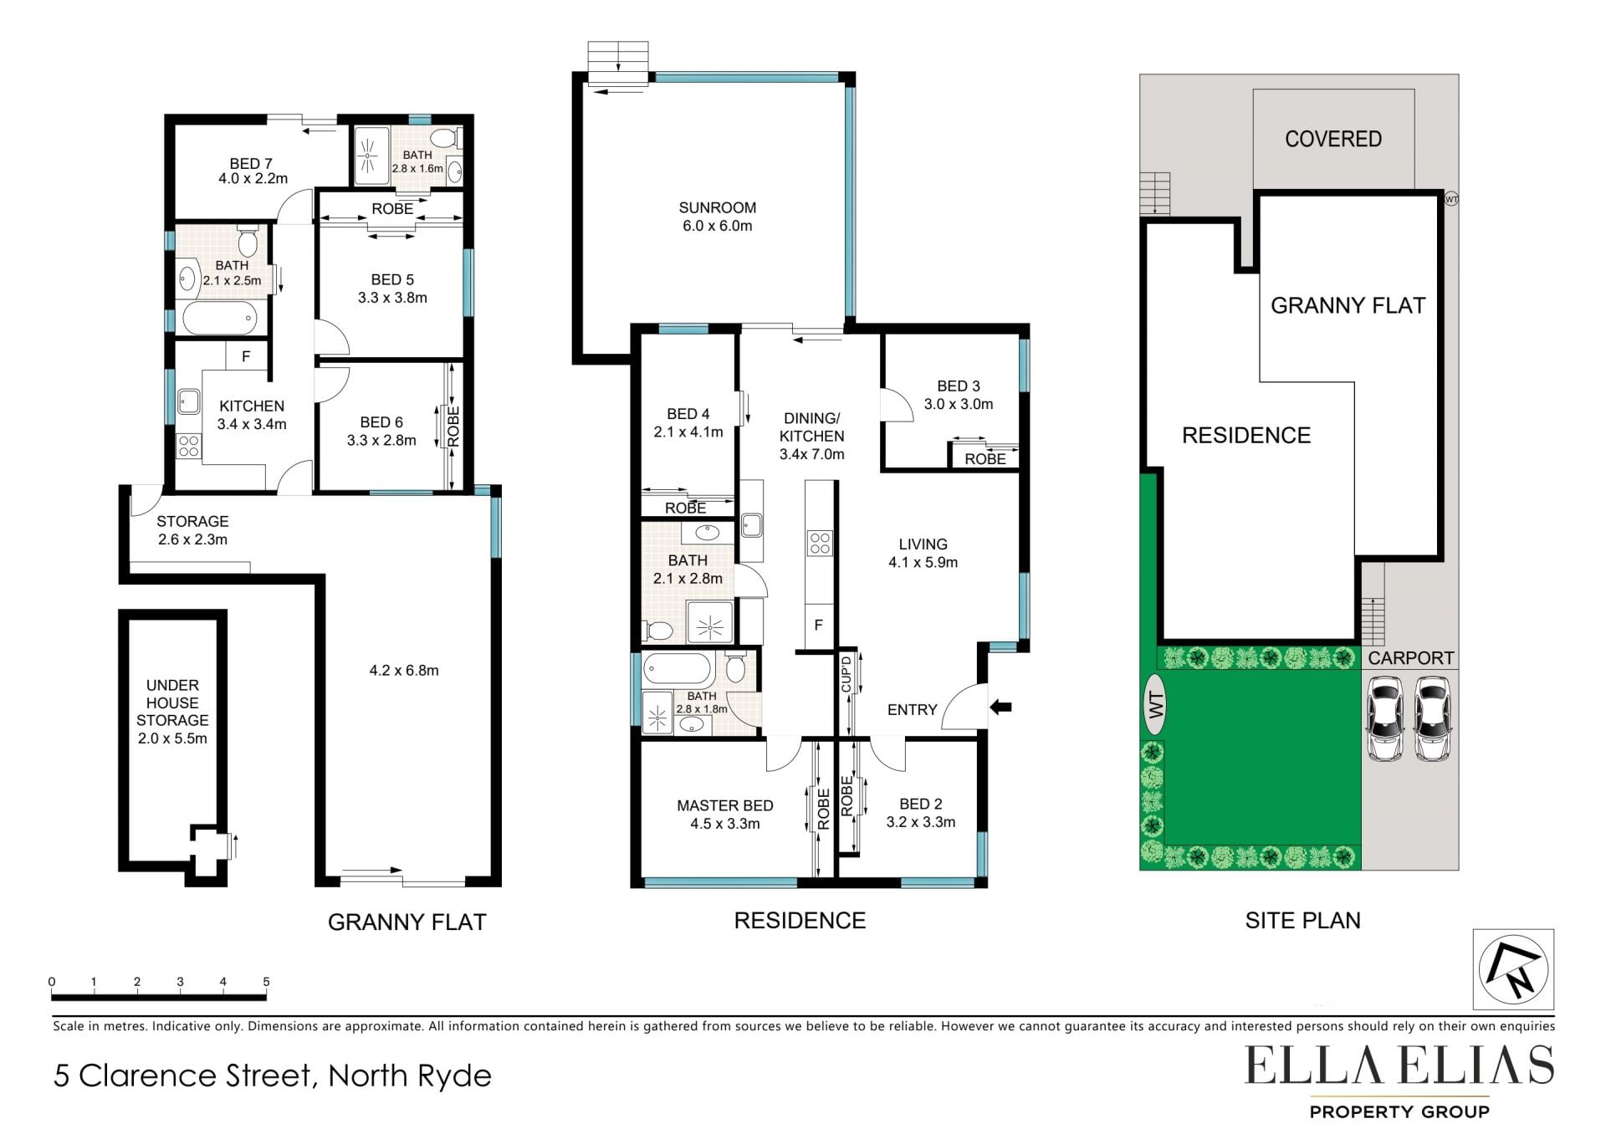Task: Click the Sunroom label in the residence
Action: point(717,207)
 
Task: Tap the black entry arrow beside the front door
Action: point(1000,707)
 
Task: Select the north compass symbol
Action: point(1513,969)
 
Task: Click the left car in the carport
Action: point(1384,718)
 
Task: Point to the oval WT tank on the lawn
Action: point(1155,704)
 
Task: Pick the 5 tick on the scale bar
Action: point(266,982)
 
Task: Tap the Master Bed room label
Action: point(724,805)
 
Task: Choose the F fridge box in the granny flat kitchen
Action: point(246,356)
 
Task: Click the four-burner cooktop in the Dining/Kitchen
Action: point(820,544)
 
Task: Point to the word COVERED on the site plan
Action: point(1333,139)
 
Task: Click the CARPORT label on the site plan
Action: point(1411,658)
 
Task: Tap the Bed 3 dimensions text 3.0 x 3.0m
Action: point(959,404)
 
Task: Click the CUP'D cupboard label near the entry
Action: point(846,674)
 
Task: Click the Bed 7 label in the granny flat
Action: point(251,164)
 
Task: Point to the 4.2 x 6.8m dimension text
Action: point(404,670)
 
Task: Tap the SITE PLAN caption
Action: point(1302,921)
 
